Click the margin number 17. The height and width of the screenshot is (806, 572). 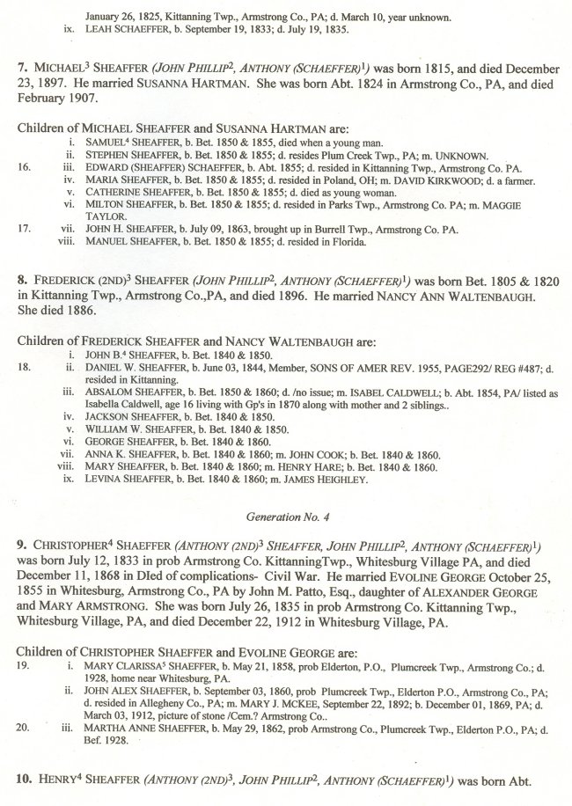(x=25, y=228)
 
